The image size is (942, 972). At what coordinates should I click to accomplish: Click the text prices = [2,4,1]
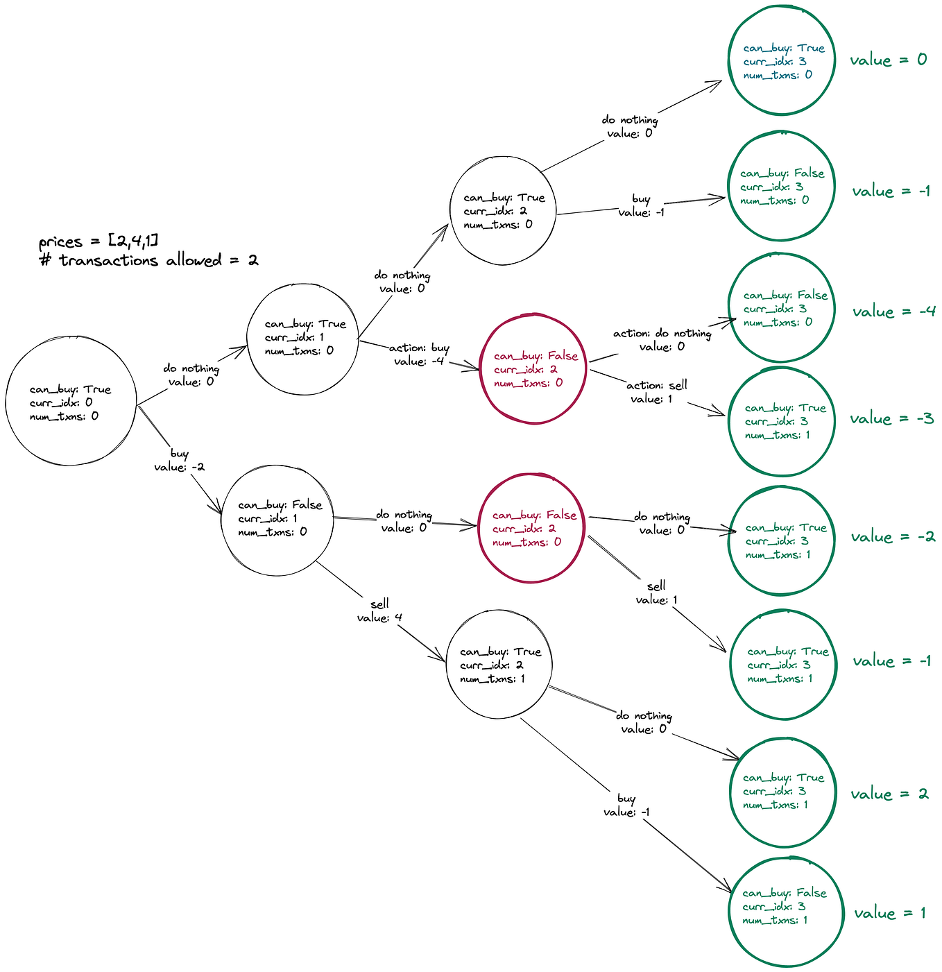pos(99,241)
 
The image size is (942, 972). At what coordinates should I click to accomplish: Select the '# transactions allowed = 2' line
pos(149,260)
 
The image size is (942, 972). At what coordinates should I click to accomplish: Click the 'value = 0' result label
pos(888,60)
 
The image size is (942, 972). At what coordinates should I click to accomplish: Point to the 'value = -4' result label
pos(893,312)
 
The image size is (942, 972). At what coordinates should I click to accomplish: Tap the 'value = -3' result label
pos(891,418)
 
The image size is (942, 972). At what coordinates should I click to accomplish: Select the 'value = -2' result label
pos(893,537)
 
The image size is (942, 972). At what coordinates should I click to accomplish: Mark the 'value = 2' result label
pos(889,794)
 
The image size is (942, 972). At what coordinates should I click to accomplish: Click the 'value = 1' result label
pos(889,914)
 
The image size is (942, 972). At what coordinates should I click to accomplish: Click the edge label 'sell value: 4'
pos(379,611)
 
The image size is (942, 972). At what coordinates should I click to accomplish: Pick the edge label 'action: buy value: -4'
pos(419,354)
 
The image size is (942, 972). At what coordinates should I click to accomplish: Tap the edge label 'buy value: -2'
pos(179,460)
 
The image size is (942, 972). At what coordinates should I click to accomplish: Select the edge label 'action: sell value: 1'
pos(657,391)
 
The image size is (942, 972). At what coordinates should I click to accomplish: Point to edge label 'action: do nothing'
pos(662,333)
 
